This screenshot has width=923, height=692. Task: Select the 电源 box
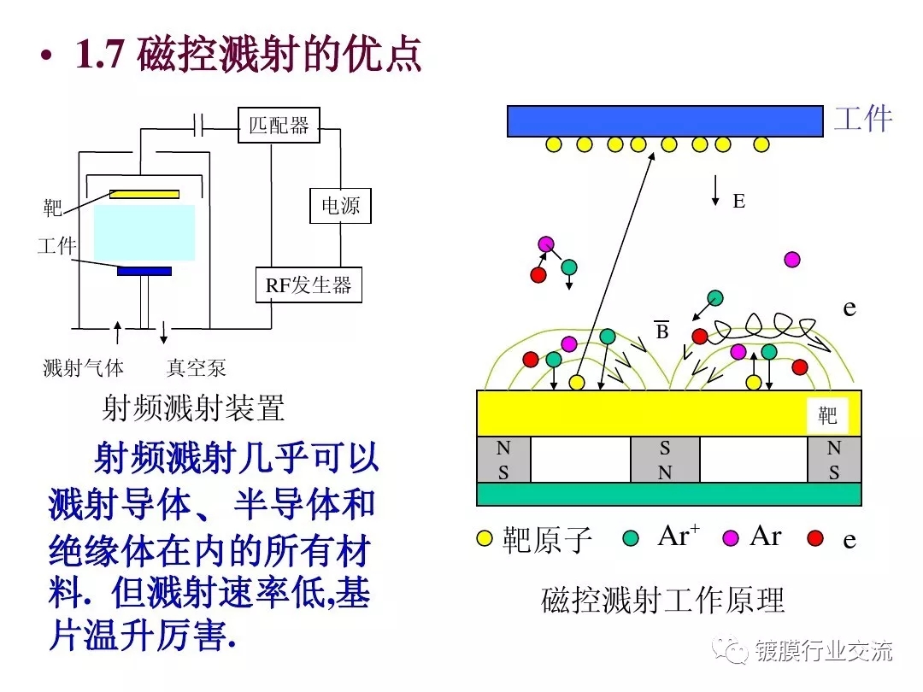point(340,206)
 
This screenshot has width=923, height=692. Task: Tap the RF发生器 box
point(309,285)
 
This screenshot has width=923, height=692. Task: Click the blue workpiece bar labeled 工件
point(664,120)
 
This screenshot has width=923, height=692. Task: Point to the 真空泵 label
point(197,368)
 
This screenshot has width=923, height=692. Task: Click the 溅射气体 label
point(84,368)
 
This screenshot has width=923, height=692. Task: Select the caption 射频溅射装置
point(193,409)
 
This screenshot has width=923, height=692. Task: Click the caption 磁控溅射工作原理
point(662,601)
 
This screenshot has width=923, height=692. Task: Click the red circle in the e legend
point(815,537)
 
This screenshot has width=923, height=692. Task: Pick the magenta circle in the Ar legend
point(731,537)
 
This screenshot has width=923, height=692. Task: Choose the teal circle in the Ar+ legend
point(632,537)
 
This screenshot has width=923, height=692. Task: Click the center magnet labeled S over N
point(665,460)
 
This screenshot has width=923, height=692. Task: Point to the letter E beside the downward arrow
point(739,202)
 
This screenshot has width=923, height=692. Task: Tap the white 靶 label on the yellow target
point(827,416)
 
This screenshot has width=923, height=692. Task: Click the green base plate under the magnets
point(668,494)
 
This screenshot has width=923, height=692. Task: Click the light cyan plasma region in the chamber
point(144,232)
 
